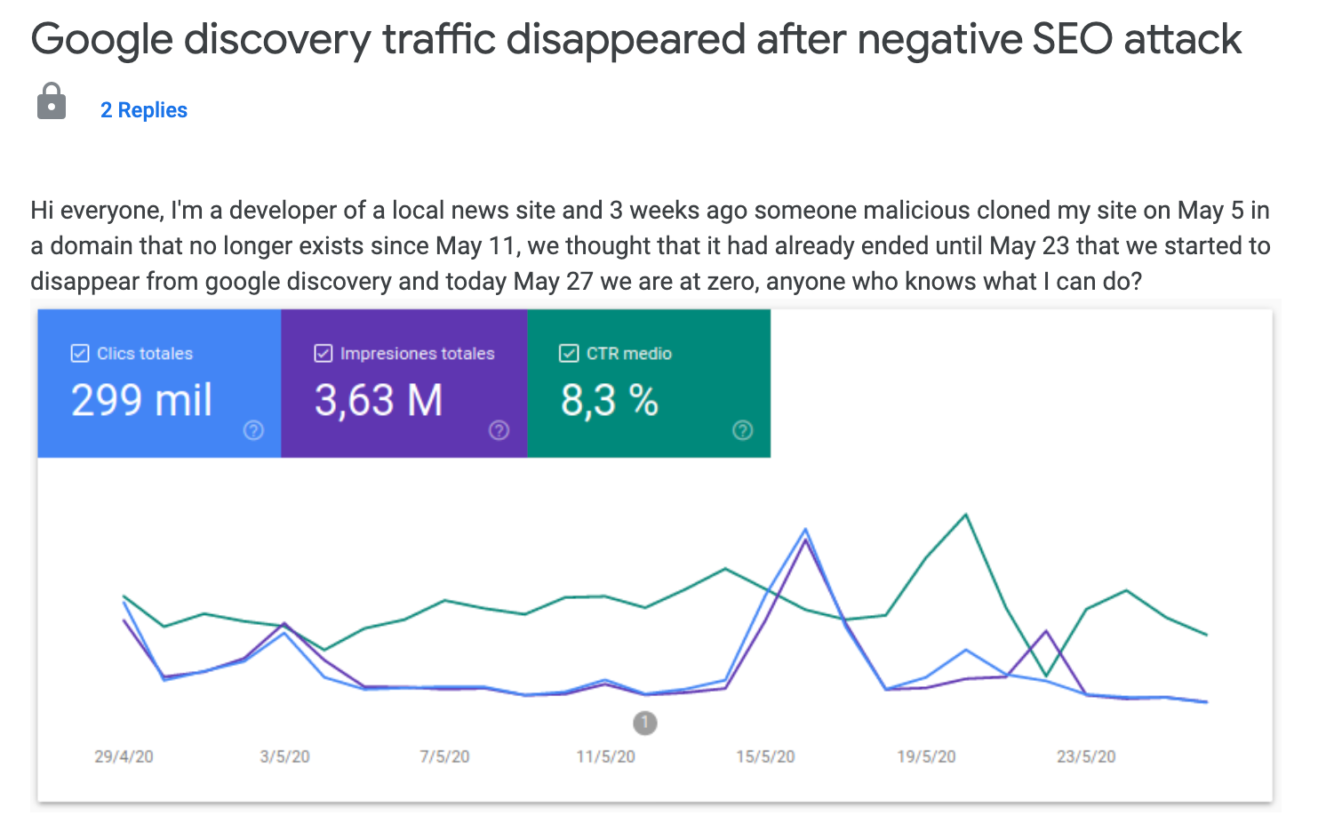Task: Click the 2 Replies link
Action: click(x=143, y=110)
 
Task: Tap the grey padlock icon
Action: click(x=52, y=101)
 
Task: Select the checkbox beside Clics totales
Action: click(x=80, y=354)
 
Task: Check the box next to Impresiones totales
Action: click(x=324, y=354)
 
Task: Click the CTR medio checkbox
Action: click(x=569, y=354)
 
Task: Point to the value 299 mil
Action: click(x=141, y=400)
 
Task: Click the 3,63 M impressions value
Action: click(x=378, y=400)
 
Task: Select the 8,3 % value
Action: click(x=609, y=400)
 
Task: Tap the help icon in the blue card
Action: click(x=253, y=430)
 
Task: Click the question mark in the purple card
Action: click(x=499, y=430)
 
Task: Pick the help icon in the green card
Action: click(x=742, y=430)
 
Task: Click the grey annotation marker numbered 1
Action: click(x=645, y=723)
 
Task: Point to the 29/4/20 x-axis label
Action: click(x=124, y=756)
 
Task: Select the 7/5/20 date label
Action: click(x=444, y=756)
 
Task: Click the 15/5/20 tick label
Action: click(x=765, y=756)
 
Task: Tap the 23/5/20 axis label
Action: click(x=1086, y=756)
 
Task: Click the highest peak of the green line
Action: click(x=966, y=515)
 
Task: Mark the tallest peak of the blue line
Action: click(x=805, y=529)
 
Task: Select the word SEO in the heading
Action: click(x=1070, y=39)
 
